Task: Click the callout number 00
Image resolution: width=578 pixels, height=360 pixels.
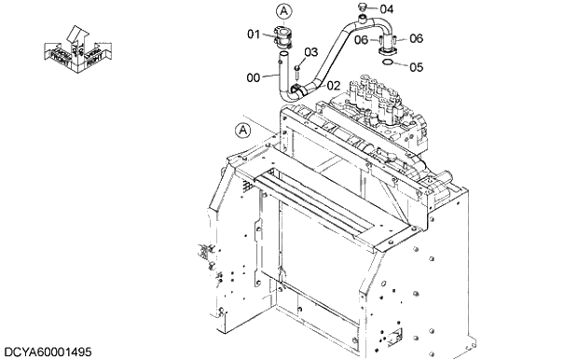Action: [254, 78]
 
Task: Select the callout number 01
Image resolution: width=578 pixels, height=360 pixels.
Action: [253, 35]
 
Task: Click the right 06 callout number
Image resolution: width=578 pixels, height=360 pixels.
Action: [416, 38]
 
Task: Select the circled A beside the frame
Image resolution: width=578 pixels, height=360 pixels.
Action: [242, 131]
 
